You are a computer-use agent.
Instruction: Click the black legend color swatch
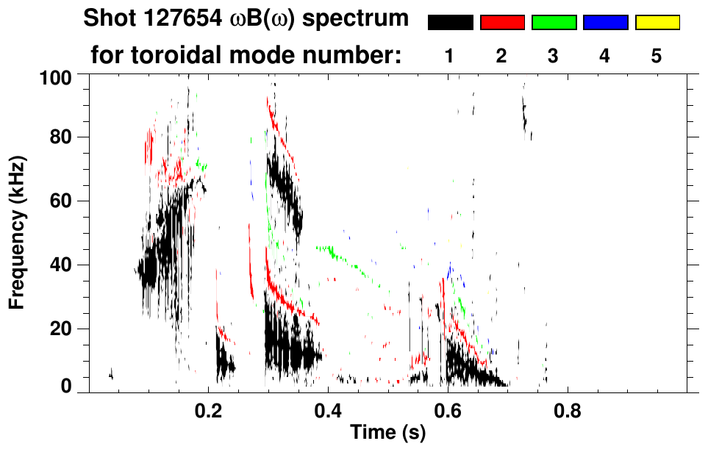pyautogui.click(x=451, y=23)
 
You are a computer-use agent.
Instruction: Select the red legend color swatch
pyautogui.click(x=502, y=23)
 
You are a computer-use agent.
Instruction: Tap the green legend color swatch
pyautogui.click(x=554, y=23)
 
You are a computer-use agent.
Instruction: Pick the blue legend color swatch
pyautogui.click(x=605, y=23)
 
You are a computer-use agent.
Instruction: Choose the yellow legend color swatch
pyautogui.click(x=657, y=23)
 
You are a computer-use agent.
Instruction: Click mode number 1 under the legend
pyautogui.click(x=450, y=57)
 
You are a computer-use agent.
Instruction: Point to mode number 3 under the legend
pyautogui.click(x=554, y=57)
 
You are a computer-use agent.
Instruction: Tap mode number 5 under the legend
pyautogui.click(x=657, y=57)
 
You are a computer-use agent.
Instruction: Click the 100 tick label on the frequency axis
pyautogui.click(x=55, y=76)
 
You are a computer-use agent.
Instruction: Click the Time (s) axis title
pyautogui.click(x=387, y=434)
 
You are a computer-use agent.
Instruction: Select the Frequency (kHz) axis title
pyautogui.click(x=18, y=232)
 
